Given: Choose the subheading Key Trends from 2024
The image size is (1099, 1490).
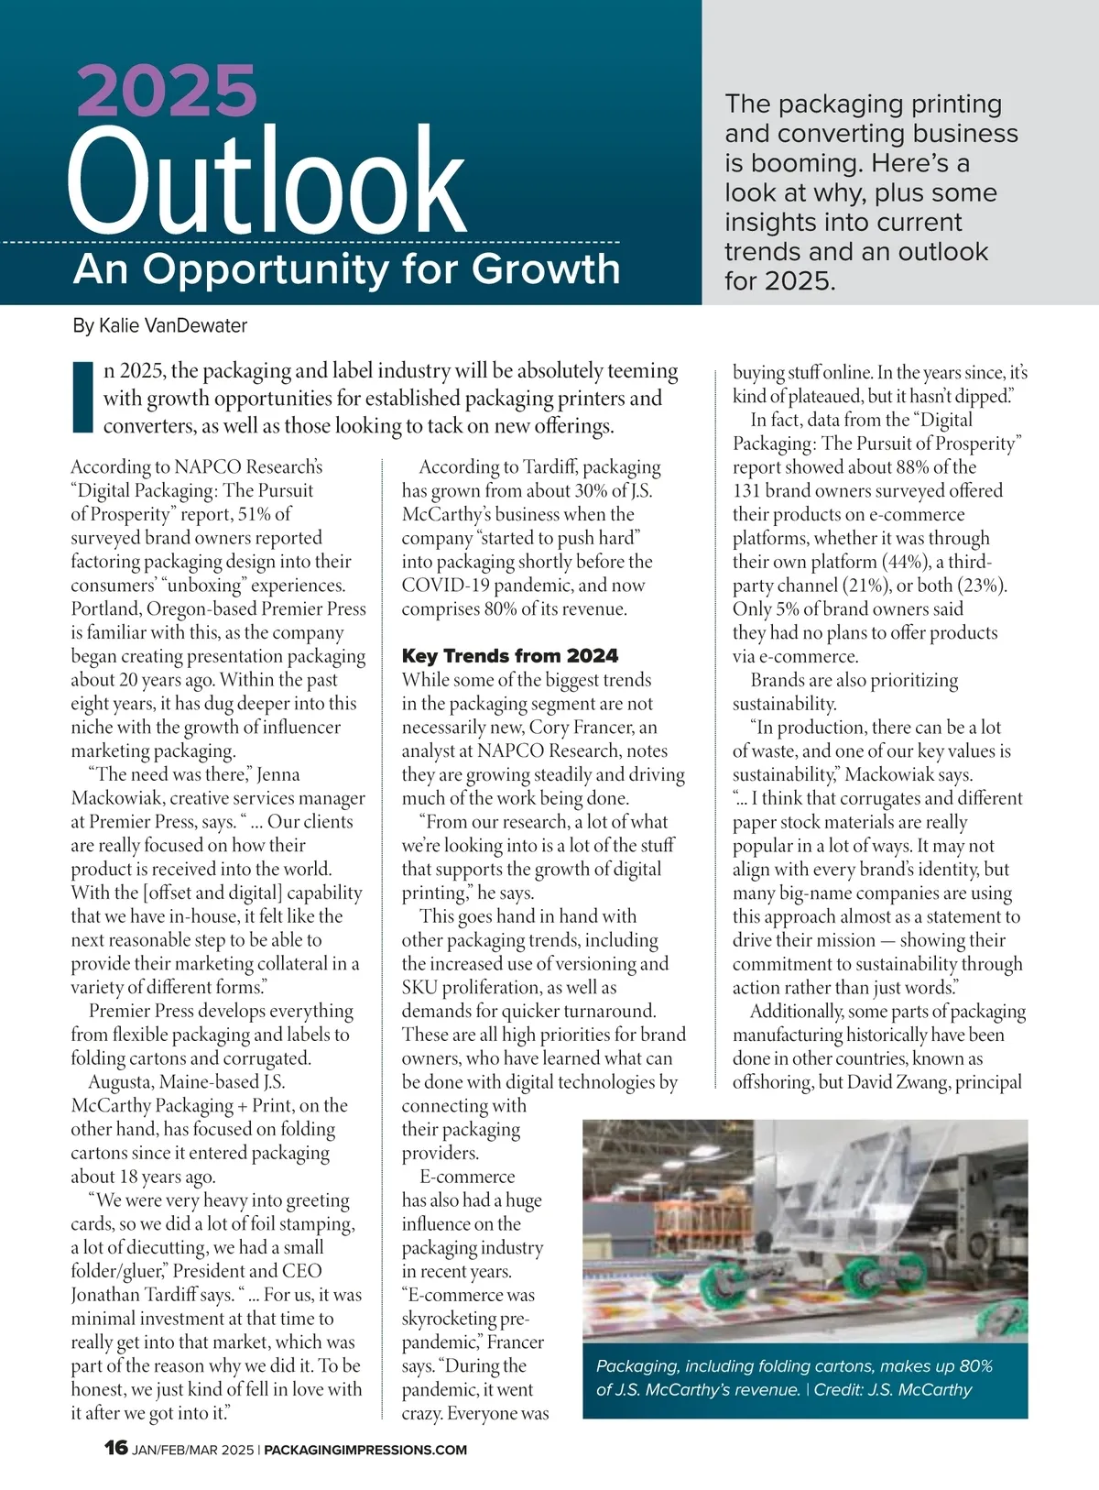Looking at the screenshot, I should point(510,656).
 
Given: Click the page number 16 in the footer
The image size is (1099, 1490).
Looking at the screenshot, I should point(116,1448).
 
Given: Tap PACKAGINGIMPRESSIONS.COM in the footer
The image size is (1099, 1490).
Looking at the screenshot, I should point(365,1450).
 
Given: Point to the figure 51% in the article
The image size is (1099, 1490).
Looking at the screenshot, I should point(256,514).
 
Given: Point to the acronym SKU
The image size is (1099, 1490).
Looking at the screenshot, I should point(422,988).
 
